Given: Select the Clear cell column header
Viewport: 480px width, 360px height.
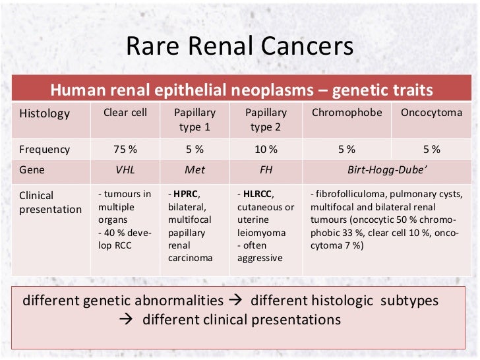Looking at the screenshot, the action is click(125, 113).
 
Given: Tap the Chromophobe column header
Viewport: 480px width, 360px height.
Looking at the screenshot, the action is click(347, 113).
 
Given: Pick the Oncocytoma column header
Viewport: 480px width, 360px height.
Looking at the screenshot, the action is click(431, 113).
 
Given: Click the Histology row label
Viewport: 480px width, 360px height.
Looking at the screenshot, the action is click(44, 113).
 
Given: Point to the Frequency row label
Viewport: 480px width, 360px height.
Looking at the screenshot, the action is click(44, 150).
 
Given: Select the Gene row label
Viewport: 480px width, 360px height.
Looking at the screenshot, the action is click(32, 169).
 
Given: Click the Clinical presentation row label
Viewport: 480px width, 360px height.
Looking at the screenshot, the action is click(50, 202).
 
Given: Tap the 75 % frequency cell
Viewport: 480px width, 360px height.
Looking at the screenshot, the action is click(125, 150).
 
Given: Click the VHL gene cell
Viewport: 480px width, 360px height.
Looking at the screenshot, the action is click(125, 169).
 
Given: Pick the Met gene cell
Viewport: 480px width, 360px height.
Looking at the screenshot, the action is click(195, 169).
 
